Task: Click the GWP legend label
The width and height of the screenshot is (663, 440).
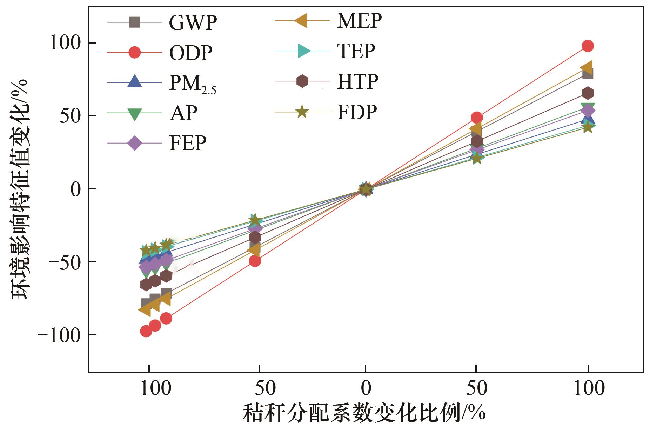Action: point(193,23)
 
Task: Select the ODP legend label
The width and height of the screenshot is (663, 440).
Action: point(190,53)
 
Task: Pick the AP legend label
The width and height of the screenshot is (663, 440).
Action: point(183,113)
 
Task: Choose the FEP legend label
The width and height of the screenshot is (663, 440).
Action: point(188,143)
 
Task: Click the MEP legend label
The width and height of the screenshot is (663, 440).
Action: point(359,21)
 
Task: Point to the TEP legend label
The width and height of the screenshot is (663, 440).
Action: point(356,51)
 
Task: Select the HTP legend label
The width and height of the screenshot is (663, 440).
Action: point(358,82)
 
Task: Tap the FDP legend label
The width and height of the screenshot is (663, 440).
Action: point(357,112)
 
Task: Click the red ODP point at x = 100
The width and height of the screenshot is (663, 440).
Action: point(588,46)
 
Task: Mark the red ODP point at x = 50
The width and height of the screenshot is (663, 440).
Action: point(476,117)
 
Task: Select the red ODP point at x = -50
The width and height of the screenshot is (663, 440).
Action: point(255,261)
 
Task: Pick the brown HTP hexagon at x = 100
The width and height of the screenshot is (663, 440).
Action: point(588,93)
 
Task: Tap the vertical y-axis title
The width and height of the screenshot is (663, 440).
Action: point(20,189)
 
